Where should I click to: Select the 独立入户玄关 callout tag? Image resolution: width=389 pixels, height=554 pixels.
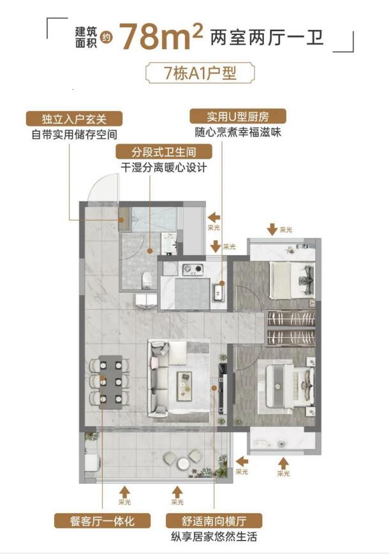point(73,119)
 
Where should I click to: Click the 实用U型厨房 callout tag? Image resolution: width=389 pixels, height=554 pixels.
point(237,117)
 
